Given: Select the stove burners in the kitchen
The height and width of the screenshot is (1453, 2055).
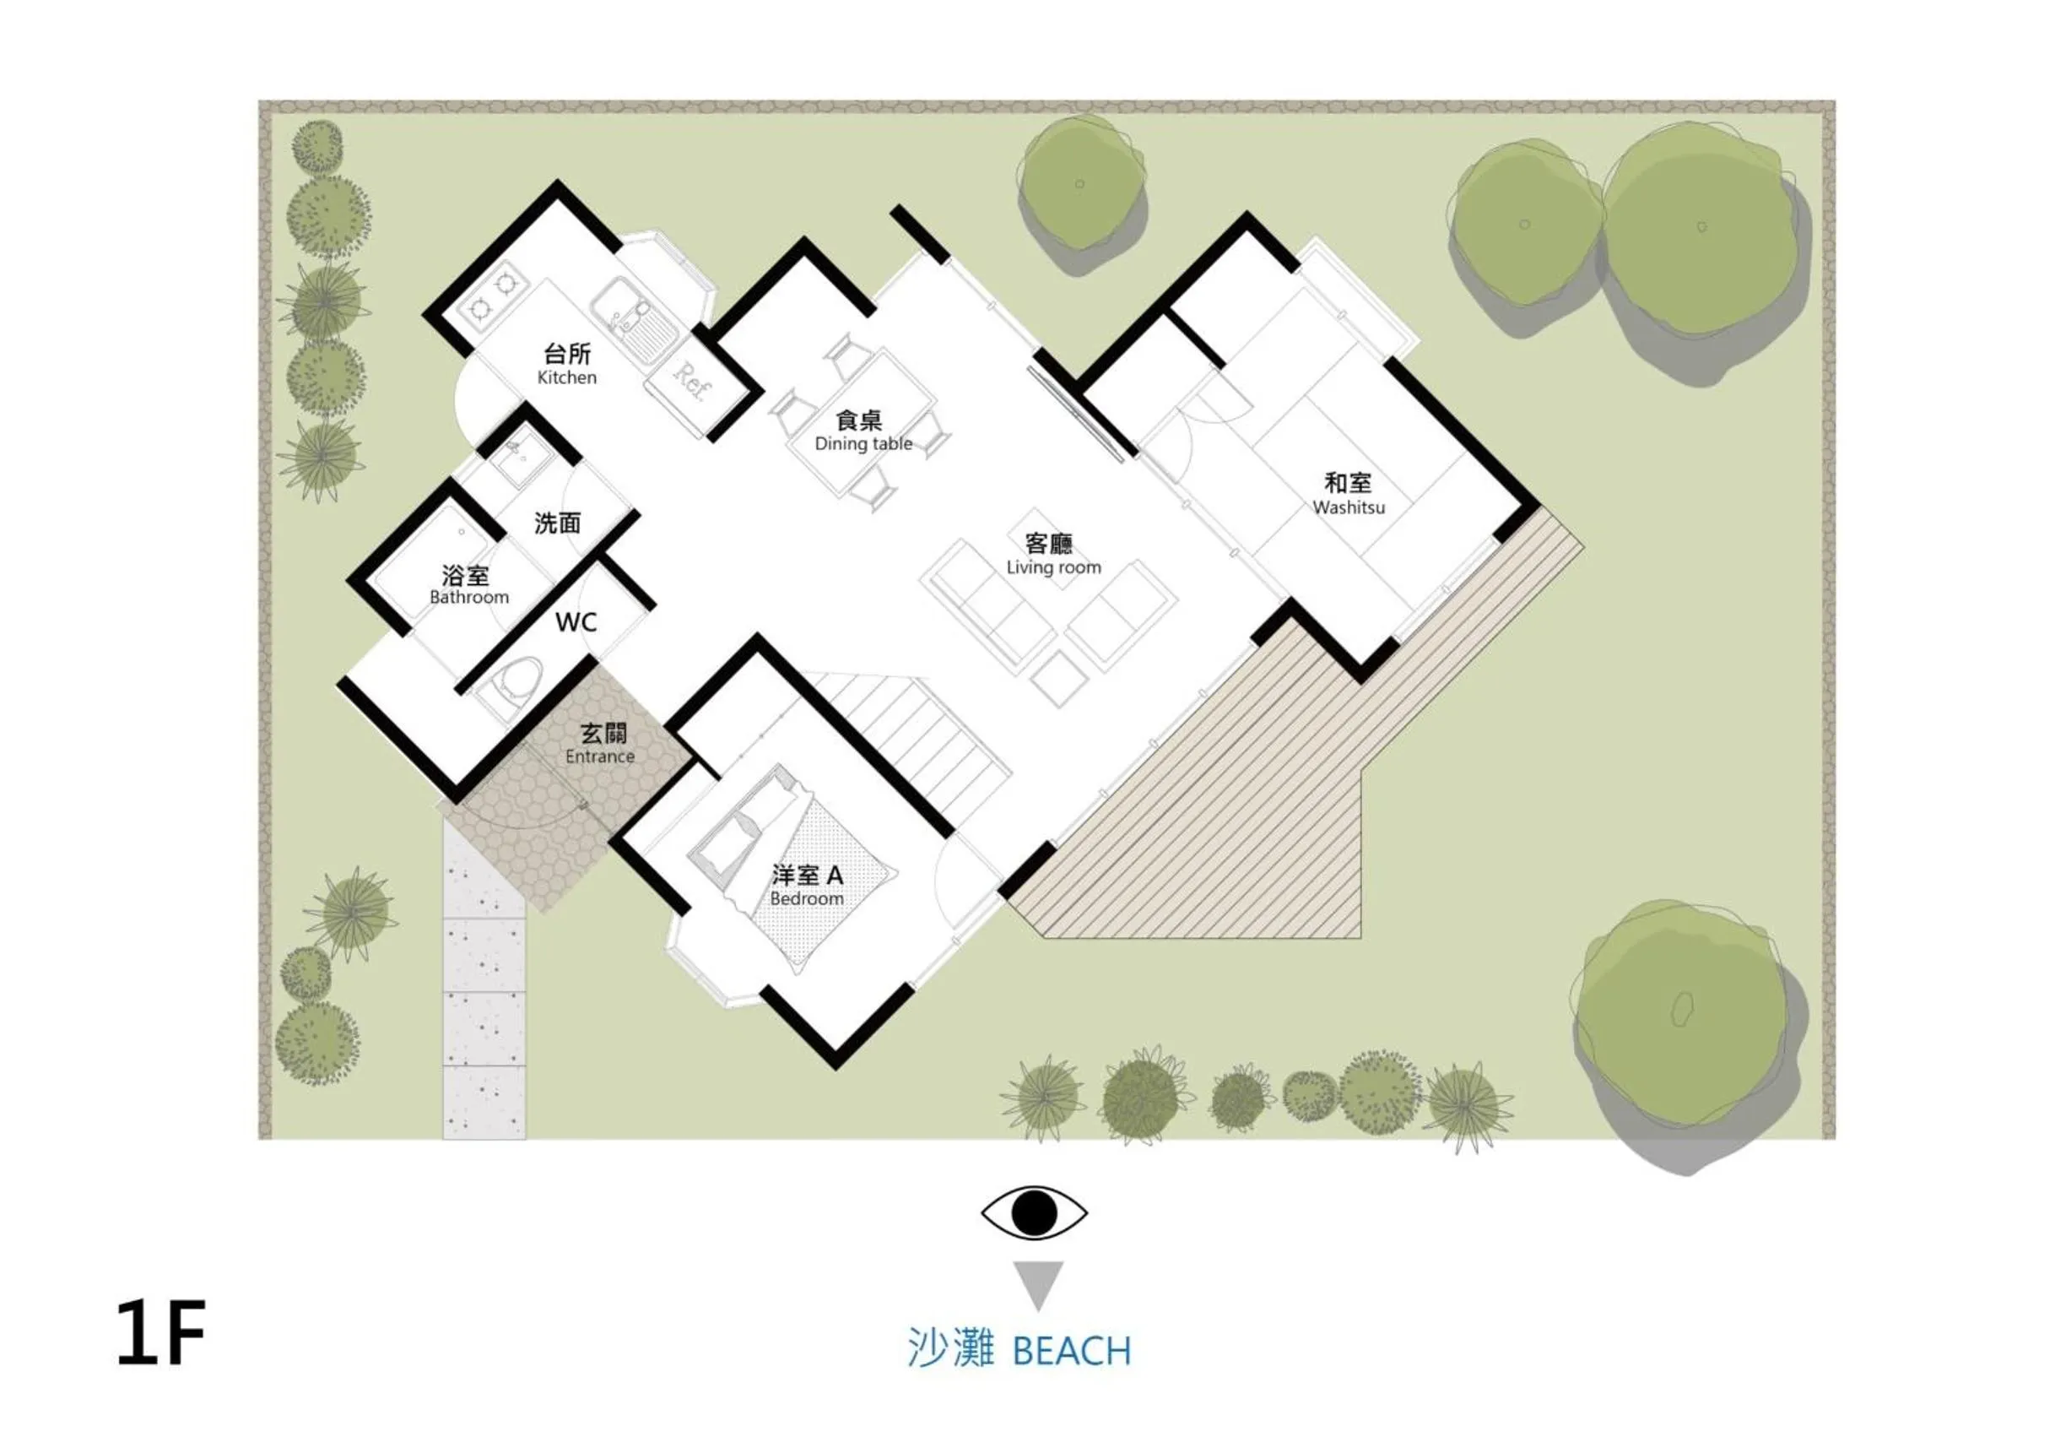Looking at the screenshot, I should (492, 296).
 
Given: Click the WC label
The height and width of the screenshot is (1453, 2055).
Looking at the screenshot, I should (576, 622).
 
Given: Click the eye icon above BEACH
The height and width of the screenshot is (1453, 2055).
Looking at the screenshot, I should (1034, 1213).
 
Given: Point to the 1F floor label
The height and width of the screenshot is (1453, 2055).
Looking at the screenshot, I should (161, 1333).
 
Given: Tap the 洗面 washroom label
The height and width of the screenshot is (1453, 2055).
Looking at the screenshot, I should (558, 523).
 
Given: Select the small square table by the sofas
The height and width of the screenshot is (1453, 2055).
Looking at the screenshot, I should (1060, 678).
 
